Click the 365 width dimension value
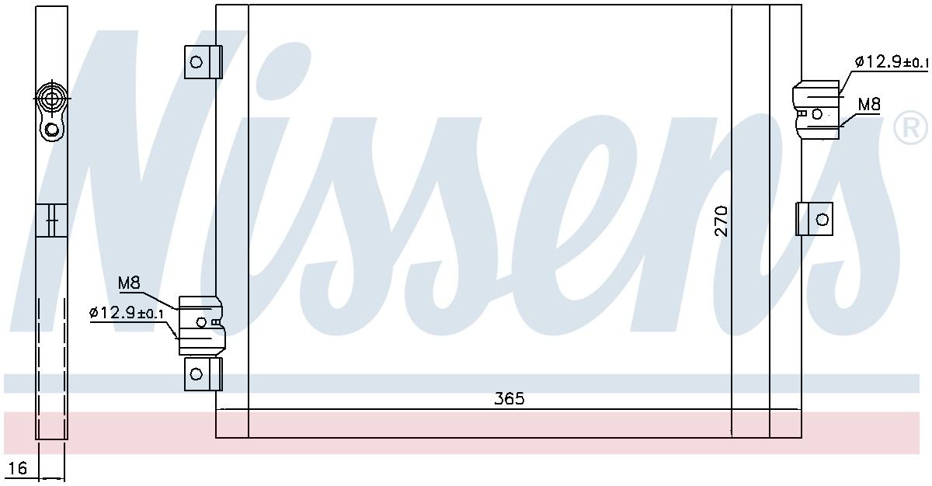509,399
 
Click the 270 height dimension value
721,220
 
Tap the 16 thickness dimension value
17,468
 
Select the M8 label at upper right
869,104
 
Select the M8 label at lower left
129,283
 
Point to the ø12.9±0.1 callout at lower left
127,313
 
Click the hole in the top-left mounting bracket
196,62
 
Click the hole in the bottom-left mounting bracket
196,374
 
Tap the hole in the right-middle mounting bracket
822,219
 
